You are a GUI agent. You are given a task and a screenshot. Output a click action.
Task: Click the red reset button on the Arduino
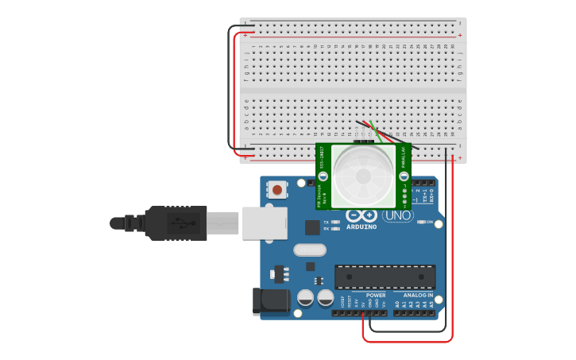coord(277,190)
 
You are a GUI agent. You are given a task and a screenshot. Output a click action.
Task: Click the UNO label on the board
coord(398,215)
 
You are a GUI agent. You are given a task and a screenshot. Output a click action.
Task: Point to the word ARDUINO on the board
coord(361,226)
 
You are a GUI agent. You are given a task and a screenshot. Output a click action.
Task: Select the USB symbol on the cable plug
coord(186,223)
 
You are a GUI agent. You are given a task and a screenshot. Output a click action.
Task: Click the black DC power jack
coord(270,300)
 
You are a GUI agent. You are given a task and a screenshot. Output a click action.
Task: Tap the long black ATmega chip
coord(385,277)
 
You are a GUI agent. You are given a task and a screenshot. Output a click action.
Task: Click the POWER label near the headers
coord(376,295)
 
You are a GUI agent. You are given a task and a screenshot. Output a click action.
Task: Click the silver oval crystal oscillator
coord(309,250)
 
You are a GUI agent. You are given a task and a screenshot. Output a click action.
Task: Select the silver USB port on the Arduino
coord(264,223)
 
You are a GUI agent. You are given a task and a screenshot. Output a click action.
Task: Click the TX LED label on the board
coord(326,222)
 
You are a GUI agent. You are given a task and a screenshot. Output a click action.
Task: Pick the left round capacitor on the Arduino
coord(305,298)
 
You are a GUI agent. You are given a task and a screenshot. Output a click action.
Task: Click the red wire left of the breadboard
coord(234,87)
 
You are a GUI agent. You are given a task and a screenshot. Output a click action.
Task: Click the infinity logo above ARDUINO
coord(361,215)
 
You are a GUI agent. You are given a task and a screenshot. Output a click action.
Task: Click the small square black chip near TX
coord(311,226)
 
